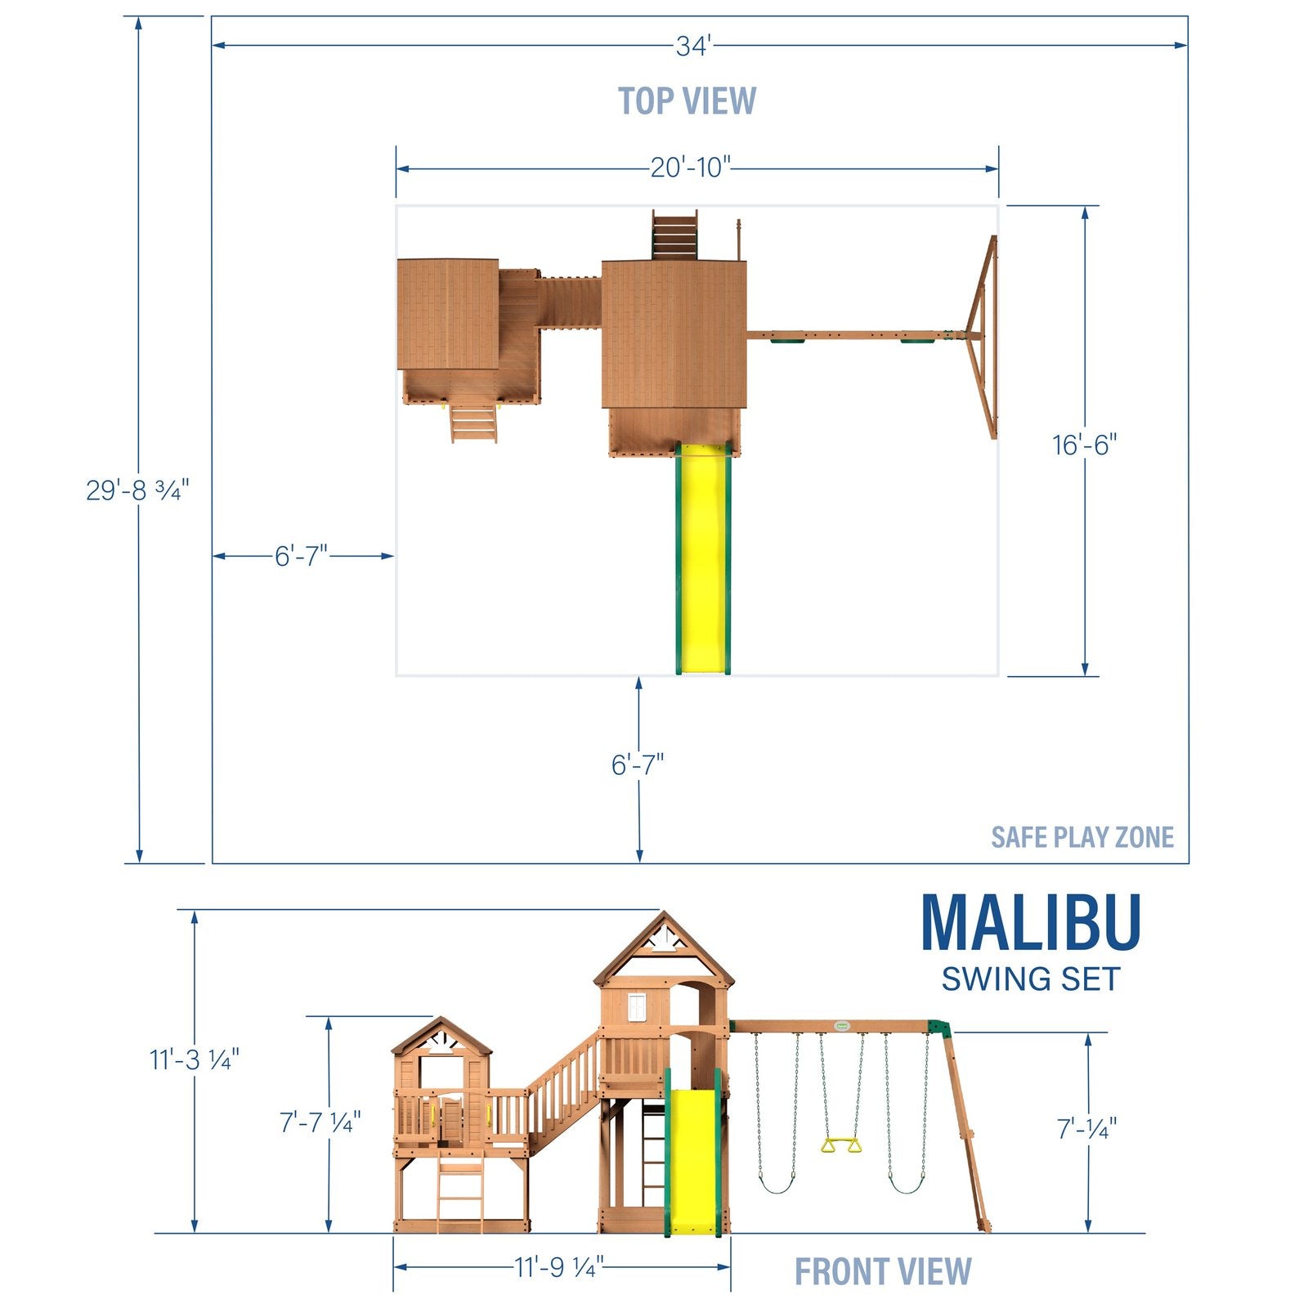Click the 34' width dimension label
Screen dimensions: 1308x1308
(693, 47)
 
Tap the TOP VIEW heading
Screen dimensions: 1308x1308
(687, 101)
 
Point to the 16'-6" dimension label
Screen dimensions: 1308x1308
(1084, 446)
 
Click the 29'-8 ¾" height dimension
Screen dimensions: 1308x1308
(137, 490)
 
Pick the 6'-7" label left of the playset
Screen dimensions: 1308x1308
(301, 557)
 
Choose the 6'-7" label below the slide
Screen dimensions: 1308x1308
(638, 765)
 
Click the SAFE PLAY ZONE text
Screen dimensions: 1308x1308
(1082, 837)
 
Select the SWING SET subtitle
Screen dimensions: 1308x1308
(1030, 979)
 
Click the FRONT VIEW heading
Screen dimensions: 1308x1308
(883, 1272)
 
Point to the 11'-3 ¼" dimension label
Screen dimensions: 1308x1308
(194, 1060)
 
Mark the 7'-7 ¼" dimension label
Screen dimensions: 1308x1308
(320, 1122)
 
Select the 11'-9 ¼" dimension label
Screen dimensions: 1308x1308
(559, 1268)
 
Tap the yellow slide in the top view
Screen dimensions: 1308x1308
(703, 564)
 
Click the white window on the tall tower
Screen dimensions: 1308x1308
(638, 1006)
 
